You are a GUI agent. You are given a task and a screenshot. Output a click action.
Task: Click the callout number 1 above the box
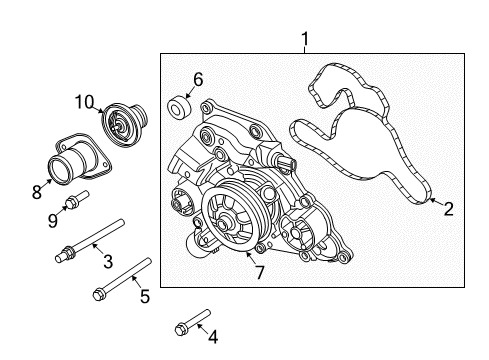[306, 40]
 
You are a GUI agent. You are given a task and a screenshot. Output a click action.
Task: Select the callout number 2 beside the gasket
[448, 209]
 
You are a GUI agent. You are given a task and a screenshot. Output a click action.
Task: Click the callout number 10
[85, 100]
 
